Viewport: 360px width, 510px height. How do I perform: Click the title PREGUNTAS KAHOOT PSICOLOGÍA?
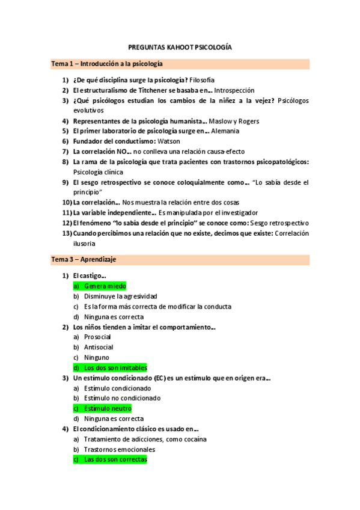[180, 47]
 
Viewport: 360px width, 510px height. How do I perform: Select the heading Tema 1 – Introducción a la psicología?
[106, 64]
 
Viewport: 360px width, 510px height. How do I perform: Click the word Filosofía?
[202, 80]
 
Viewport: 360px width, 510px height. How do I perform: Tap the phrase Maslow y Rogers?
[234, 121]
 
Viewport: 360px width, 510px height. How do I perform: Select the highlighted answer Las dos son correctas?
[115, 459]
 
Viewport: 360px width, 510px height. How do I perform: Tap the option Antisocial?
[99, 347]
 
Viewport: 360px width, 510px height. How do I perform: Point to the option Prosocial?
[97, 337]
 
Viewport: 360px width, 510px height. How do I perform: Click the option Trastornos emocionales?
[120, 449]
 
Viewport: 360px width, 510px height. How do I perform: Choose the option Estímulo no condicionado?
[122, 398]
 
